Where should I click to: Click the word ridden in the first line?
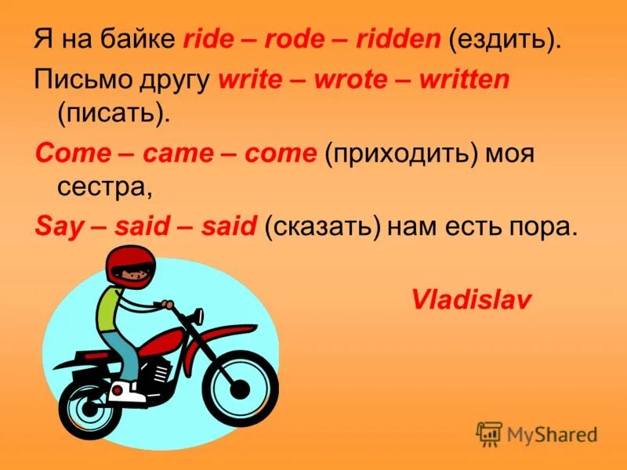398,41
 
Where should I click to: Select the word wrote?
352,81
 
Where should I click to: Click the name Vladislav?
472,298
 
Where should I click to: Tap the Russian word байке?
141,41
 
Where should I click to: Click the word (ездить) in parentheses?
506,41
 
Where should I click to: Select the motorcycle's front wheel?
241,389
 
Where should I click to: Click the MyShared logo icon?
489,433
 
